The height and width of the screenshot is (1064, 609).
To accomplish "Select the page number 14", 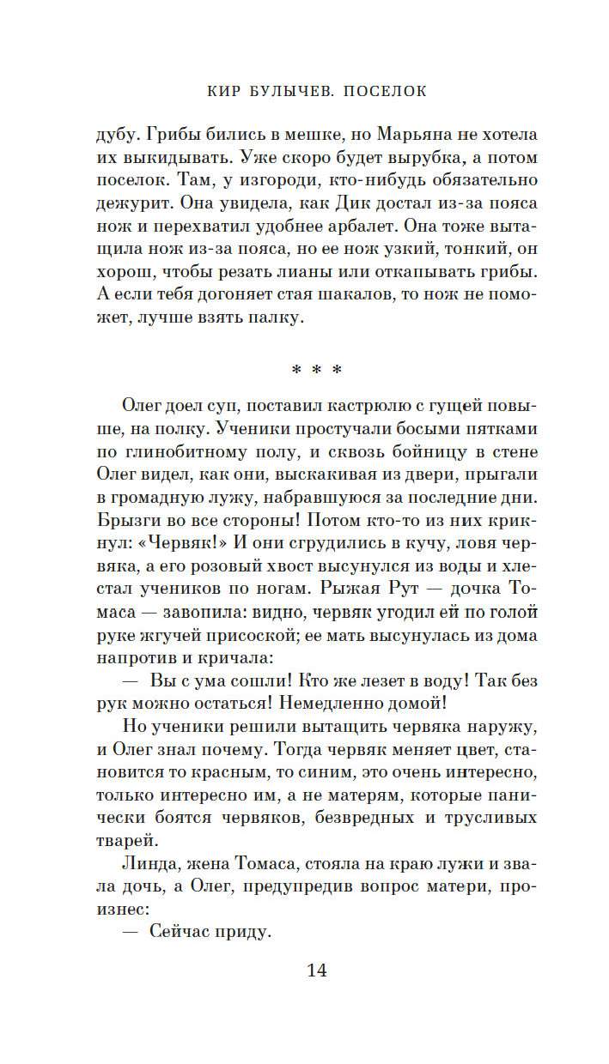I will click(x=316, y=970).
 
